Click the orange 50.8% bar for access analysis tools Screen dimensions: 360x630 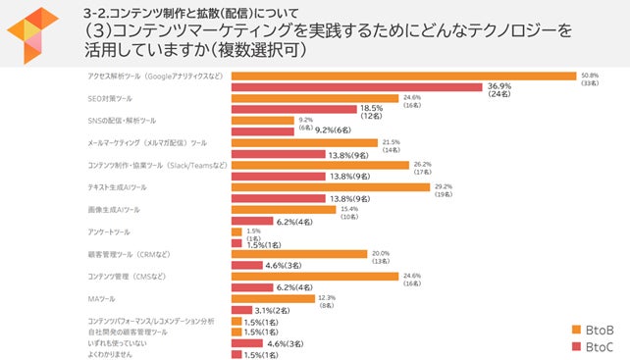pos(402,76)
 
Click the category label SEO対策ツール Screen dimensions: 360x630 pos(110,98)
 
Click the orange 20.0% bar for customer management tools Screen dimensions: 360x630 pos(298,253)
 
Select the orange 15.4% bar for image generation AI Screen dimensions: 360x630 pos(284,209)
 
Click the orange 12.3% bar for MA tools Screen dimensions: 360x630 pos(273,297)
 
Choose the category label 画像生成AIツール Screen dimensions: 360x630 pos(114,209)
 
